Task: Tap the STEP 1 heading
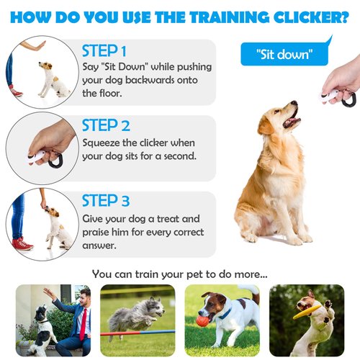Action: click(104, 52)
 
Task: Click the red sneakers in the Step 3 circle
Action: click(22, 243)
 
